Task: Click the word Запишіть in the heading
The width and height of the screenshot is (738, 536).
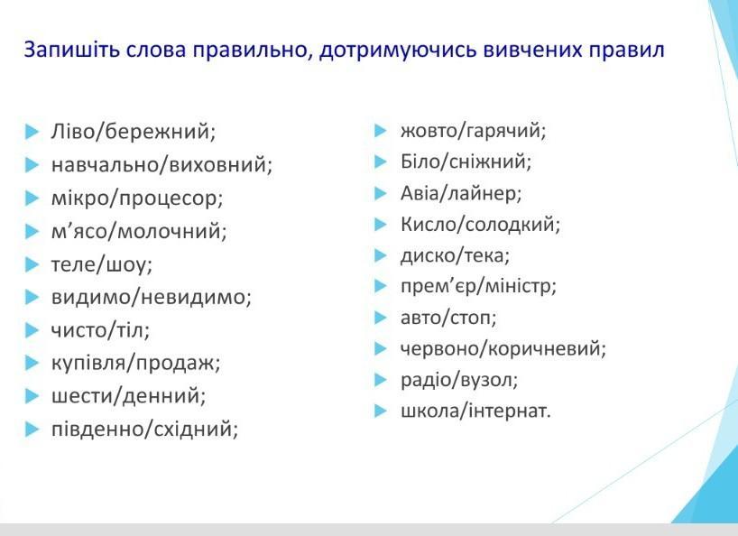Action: (71, 51)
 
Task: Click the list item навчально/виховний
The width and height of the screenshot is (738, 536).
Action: (161, 165)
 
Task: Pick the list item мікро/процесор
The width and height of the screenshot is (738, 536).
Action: (137, 199)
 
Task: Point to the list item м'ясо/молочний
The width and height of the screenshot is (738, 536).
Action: (139, 231)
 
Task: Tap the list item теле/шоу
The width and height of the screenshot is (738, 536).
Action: (102, 264)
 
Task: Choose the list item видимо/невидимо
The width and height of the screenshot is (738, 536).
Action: (151, 298)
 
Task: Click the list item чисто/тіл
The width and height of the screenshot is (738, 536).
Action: (100, 330)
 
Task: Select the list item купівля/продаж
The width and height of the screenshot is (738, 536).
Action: (135, 364)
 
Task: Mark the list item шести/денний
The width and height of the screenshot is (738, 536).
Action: (128, 396)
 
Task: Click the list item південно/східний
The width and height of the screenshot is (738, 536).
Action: (144, 430)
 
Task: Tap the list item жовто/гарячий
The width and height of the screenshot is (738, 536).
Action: (473, 131)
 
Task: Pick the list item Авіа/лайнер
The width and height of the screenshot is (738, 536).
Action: (461, 193)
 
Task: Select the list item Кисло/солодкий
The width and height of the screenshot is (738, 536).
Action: (480, 225)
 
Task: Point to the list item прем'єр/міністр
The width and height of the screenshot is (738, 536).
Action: (478, 287)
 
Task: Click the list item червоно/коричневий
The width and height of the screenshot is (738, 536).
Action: (503, 348)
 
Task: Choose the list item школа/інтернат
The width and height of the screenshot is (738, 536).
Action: (475, 411)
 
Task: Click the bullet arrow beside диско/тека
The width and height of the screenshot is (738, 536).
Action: (381, 255)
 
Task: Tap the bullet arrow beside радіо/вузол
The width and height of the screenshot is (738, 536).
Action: (381, 380)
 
